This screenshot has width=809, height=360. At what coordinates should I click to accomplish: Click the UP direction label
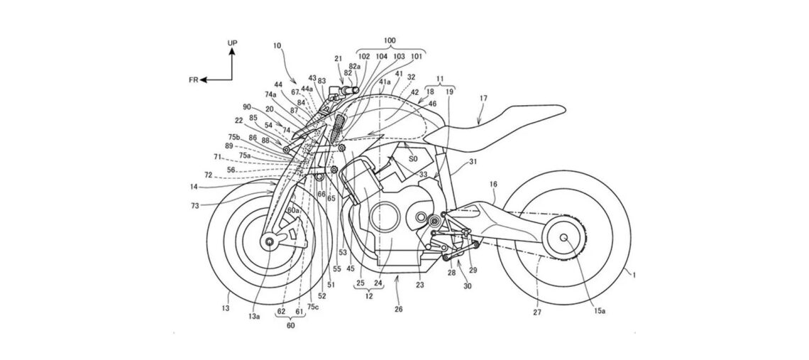pyautogui.click(x=232, y=43)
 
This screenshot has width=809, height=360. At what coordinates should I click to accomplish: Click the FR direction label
pyautogui.click(x=193, y=81)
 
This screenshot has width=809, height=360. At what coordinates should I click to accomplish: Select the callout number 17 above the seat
pyautogui.click(x=484, y=99)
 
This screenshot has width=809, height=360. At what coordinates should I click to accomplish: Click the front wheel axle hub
pyautogui.click(x=270, y=243)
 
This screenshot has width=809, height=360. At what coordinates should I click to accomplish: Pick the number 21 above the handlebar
pyautogui.click(x=339, y=58)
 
